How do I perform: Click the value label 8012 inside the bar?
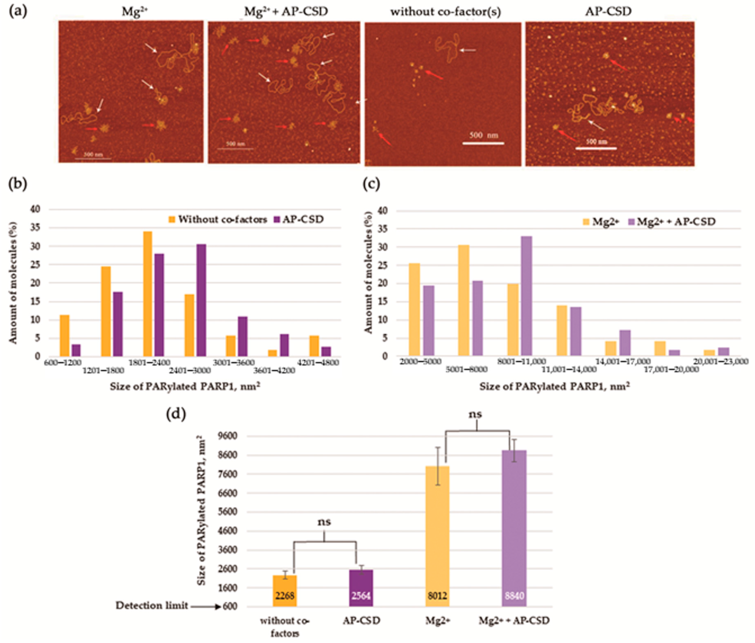[x=437, y=596]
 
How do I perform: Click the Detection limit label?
[x=152, y=605]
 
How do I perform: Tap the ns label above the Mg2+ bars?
[x=475, y=414]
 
